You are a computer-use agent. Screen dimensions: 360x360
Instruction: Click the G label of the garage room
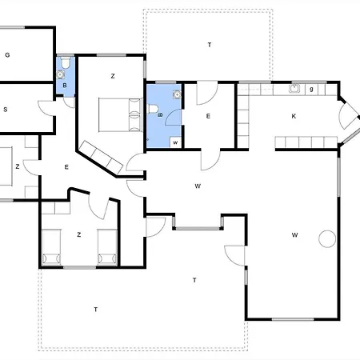[x=7, y=55]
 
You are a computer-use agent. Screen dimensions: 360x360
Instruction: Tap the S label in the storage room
[x=6, y=110]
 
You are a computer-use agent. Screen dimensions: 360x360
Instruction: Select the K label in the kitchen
[x=294, y=116]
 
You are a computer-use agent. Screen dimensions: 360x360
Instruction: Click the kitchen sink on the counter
[x=294, y=88]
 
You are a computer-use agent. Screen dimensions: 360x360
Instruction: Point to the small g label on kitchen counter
[x=311, y=89]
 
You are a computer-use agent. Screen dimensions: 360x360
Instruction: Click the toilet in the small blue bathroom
[x=66, y=62]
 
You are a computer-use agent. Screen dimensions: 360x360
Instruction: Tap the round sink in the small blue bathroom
[x=61, y=74]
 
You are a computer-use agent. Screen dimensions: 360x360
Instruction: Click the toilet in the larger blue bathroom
[x=153, y=109]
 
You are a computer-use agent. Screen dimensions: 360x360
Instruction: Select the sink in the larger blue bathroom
[x=177, y=94]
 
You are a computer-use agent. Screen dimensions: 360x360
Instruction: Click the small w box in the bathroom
[x=176, y=142]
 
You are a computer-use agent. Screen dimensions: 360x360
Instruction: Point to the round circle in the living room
[x=327, y=238]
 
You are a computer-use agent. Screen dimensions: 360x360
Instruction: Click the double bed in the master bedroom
[x=120, y=115]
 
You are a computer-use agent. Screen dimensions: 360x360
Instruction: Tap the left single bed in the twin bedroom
[x=51, y=247]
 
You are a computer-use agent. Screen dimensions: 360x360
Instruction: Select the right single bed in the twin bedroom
[x=107, y=247]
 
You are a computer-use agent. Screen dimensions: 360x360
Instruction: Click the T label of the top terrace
[x=210, y=45]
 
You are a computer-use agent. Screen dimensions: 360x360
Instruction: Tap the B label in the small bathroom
[x=65, y=86]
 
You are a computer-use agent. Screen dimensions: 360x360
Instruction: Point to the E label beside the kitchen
[x=208, y=116]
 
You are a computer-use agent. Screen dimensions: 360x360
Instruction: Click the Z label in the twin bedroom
[x=78, y=234]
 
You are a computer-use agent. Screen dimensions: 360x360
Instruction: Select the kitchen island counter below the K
[x=306, y=142]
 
